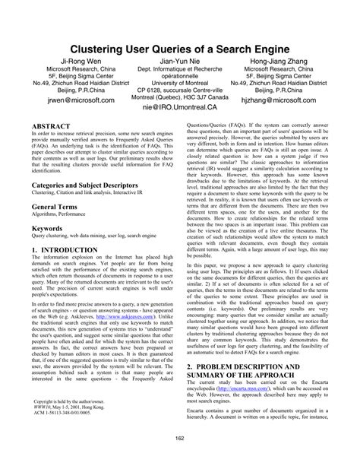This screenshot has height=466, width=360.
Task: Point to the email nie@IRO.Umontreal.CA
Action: pos(179,109)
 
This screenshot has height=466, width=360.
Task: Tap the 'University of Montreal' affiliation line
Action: pos(179,82)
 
